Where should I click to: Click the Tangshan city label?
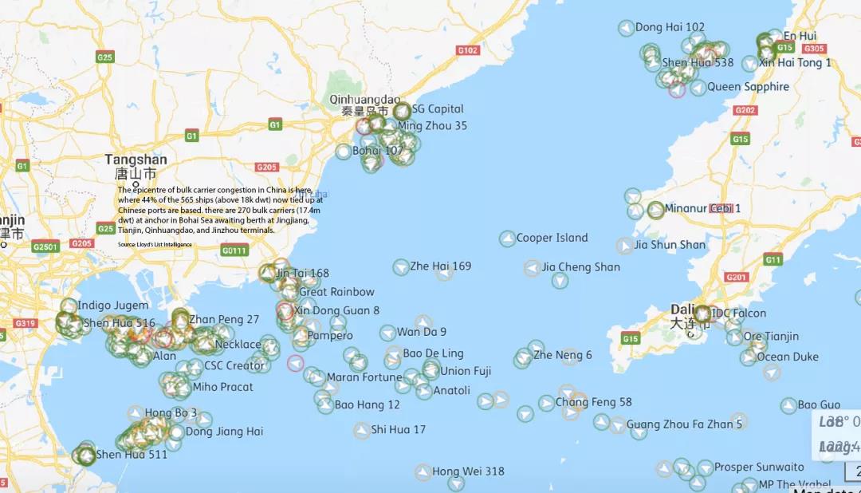click(136, 160)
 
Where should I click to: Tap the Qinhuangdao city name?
click(365, 100)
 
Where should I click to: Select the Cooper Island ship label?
click(552, 238)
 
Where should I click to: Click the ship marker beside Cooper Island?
click(507, 239)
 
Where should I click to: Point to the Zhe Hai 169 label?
click(440, 266)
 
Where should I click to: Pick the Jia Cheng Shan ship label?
click(580, 267)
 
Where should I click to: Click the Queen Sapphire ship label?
click(748, 87)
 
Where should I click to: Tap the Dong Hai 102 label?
click(670, 27)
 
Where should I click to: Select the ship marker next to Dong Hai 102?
click(627, 28)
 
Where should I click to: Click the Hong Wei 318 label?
click(468, 471)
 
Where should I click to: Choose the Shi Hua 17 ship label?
click(398, 430)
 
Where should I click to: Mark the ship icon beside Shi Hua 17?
click(362, 431)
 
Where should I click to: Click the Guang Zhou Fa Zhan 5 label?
click(684, 424)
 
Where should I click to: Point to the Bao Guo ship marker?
click(788, 406)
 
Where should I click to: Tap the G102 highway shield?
click(468, 50)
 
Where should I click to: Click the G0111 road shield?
click(234, 250)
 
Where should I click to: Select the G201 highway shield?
click(737, 278)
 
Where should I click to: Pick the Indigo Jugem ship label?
click(113, 306)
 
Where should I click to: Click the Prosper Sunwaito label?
click(759, 467)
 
